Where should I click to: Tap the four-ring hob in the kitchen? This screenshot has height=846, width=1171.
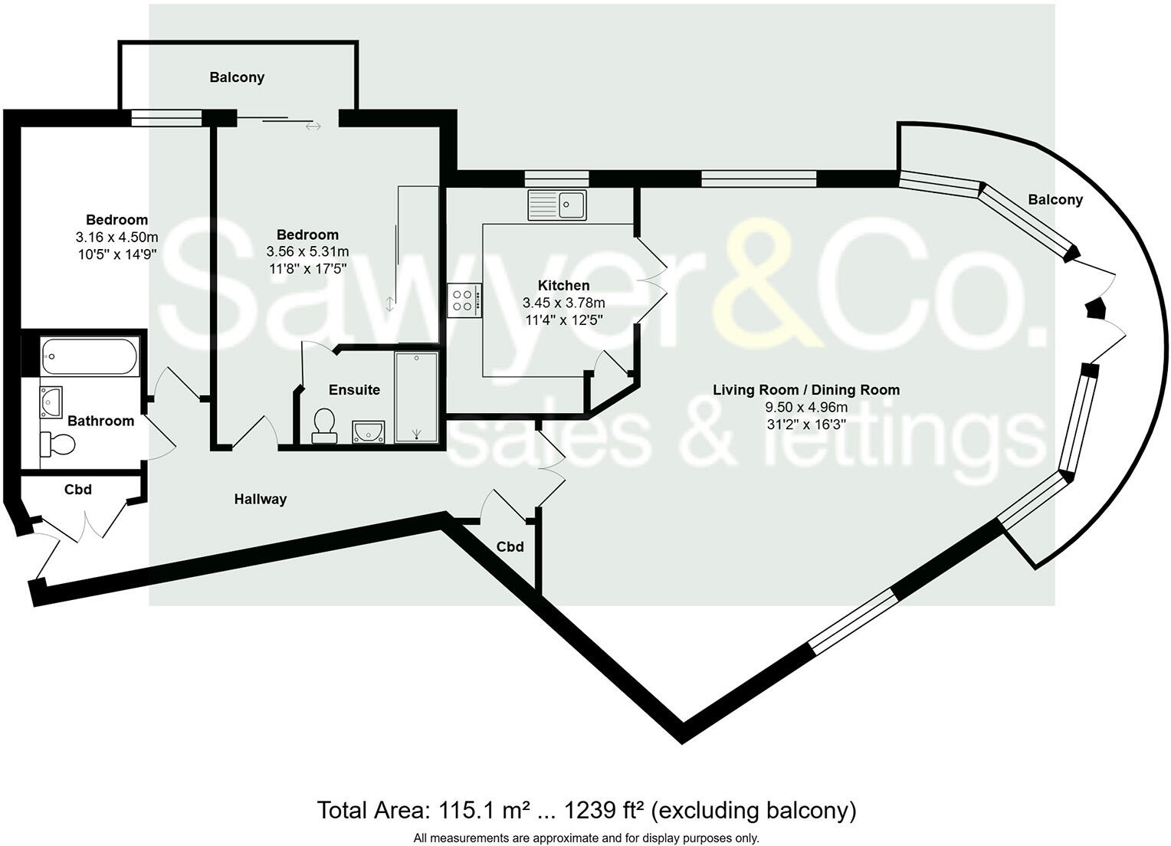point(464,299)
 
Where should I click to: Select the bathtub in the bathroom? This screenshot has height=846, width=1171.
point(90,356)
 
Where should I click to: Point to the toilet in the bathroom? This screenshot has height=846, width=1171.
point(58,444)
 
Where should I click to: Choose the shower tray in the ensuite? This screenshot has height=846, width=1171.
point(416,397)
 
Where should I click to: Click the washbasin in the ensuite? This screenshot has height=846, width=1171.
point(367,432)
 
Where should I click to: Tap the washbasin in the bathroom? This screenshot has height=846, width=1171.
point(51,401)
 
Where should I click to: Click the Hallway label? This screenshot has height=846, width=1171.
point(261,499)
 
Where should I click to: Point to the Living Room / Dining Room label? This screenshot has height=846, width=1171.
point(806,389)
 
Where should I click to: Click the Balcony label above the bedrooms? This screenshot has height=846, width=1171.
point(237,77)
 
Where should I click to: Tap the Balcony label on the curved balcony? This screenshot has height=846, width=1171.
point(1055,199)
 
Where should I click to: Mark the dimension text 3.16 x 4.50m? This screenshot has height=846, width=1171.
point(116,237)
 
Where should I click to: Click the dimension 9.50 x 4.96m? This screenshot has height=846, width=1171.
point(806,407)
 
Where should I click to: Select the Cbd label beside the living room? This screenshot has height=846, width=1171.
point(510,546)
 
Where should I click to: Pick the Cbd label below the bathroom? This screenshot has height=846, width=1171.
point(77,489)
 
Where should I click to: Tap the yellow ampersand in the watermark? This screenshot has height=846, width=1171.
point(766,284)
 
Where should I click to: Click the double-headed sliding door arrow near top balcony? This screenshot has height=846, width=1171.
point(313,126)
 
